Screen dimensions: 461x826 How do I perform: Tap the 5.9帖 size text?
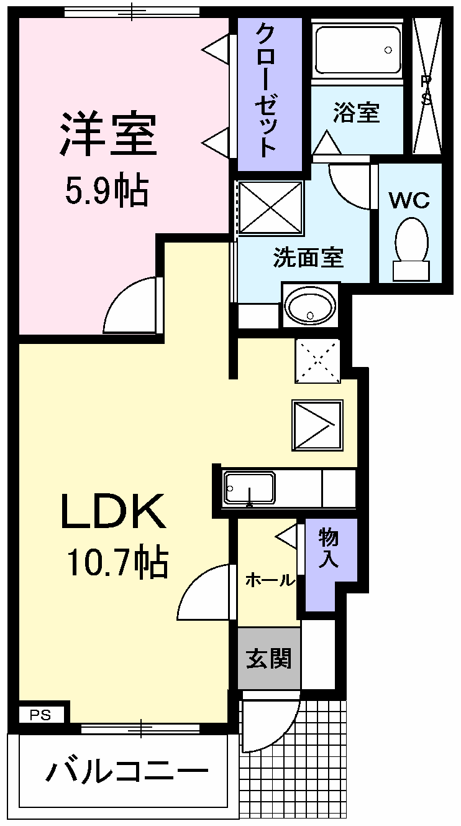click(107, 191)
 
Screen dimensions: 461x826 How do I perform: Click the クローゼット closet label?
click(265, 90)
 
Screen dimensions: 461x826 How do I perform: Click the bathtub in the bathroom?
click(357, 50)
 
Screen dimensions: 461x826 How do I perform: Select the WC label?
click(409, 200)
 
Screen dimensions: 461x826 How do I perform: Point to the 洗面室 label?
click(309, 257)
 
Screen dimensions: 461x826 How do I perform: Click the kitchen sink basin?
click(250, 488)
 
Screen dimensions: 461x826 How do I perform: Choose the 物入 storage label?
click(329, 547)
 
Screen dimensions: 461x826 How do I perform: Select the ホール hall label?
click(270, 580)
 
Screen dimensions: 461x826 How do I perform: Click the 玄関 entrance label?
click(269, 658)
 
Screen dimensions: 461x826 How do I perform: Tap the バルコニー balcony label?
click(127, 771)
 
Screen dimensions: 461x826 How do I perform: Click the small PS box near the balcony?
click(41, 715)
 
